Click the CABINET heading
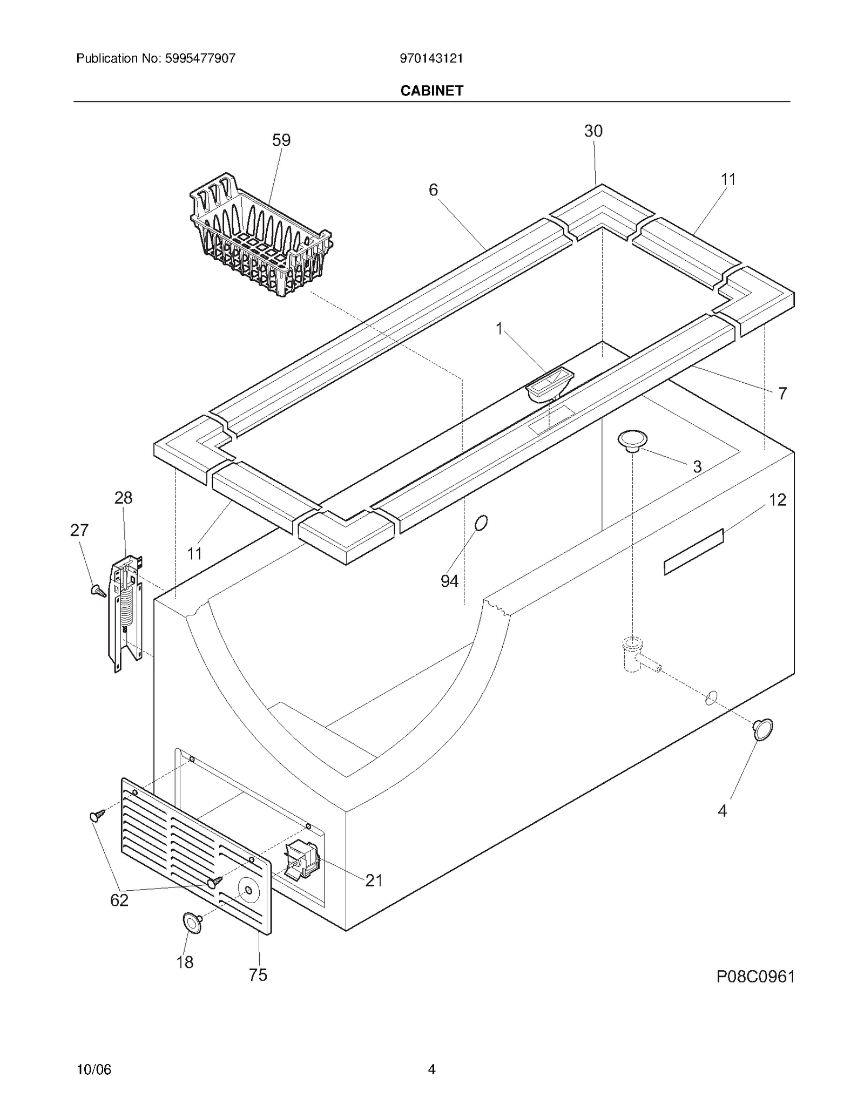point(431,91)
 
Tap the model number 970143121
point(431,58)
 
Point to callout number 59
point(281,140)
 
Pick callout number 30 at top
point(593,131)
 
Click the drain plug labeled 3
point(632,441)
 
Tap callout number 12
point(777,500)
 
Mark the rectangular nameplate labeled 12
point(693,552)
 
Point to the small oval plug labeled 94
point(481,523)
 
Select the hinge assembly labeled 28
point(126,615)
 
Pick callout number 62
point(119,900)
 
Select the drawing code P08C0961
point(755,977)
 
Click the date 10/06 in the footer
point(94,1069)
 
